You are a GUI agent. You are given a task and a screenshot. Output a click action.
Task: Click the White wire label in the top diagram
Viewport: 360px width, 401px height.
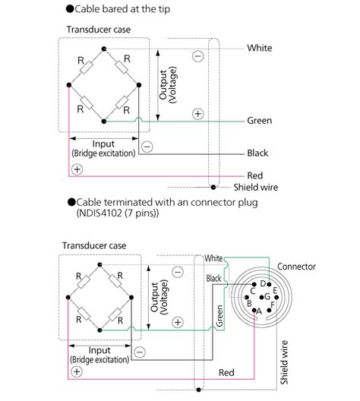pyautogui.click(x=260, y=48)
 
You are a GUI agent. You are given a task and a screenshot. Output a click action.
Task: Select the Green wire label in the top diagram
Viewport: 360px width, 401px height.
pyautogui.click(x=260, y=121)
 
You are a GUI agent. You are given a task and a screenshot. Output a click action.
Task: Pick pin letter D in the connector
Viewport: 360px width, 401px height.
pyautogui.click(x=263, y=283)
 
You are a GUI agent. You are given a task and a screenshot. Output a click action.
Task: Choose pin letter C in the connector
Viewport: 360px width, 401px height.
pyautogui.click(x=252, y=290)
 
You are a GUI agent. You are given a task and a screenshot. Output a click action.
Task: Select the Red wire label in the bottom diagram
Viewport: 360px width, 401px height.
pyautogui.click(x=226, y=373)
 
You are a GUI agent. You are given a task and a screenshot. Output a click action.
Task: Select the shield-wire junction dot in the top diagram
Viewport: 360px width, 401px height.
pyautogui.click(x=213, y=187)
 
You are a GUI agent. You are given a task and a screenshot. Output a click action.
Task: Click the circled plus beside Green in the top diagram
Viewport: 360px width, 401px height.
pyautogui.click(x=197, y=114)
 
